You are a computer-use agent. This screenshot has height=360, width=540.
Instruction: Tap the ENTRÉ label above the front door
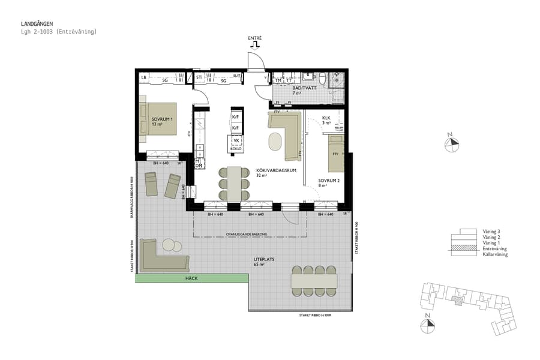255,38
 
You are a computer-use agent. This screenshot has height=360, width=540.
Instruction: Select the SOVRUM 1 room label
162,119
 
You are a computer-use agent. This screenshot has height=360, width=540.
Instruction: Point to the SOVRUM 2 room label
329,180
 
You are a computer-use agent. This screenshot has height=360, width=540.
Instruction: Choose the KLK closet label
326,118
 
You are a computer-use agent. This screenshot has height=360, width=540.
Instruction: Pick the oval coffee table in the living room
275,142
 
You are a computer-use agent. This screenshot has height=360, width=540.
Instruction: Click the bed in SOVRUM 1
158,119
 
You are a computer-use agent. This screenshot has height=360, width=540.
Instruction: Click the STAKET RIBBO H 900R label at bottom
317,316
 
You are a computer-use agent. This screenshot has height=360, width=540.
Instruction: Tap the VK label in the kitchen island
236,140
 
